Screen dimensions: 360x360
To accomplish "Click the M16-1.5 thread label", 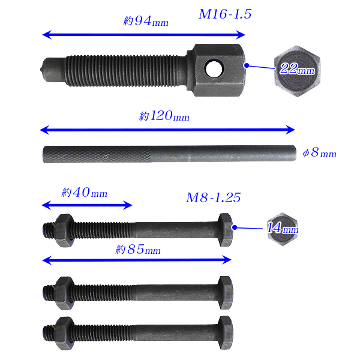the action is tap(225, 14).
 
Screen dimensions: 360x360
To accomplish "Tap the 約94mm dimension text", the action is tap(146, 21).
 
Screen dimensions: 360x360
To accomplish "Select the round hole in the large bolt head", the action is tap(214, 68).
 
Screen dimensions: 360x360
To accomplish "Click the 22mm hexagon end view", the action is tap(297, 71).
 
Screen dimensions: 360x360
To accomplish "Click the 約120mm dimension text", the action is tap(164, 116).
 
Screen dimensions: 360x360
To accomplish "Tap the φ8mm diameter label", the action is tap(320, 152).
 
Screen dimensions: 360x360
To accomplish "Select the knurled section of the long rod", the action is tap(97, 155).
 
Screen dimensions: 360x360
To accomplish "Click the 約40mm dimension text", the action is tap(85, 193).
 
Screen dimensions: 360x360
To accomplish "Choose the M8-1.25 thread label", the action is tap(213, 197).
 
